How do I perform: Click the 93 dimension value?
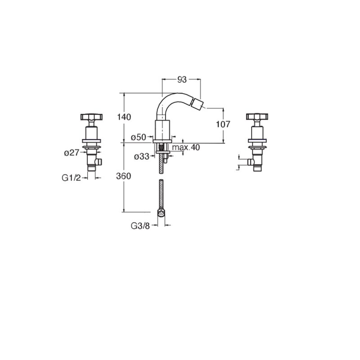pos(182,80)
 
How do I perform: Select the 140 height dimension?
pos(124,117)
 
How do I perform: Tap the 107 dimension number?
pos(223,124)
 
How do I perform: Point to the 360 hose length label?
pos(123,176)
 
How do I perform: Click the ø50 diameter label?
pos(139,137)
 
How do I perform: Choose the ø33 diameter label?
pos(142,157)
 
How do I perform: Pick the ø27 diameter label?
pos(72,153)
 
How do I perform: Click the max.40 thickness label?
pos(186,147)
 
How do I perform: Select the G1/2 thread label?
pos(72,178)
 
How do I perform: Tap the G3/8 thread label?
pos(140,226)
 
